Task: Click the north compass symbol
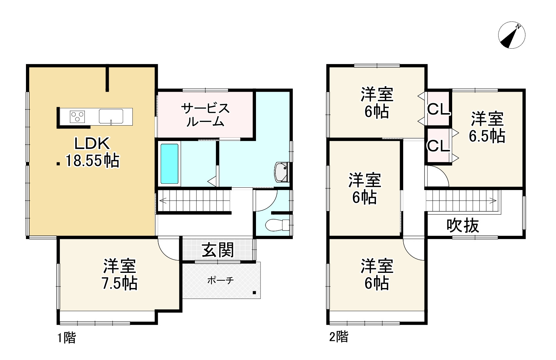click(512, 35)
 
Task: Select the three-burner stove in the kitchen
click(78, 117)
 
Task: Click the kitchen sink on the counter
click(111, 116)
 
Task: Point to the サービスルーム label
click(205, 115)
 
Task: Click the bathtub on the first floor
click(170, 164)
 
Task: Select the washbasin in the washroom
click(281, 172)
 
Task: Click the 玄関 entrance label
click(218, 250)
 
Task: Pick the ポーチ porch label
click(220, 280)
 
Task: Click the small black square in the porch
click(254, 293)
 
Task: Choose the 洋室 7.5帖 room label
click(120, 275)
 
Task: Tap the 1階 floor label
click(67, 338)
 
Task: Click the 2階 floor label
click(338, 337)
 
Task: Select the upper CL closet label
click(438, 109)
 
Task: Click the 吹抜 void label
click(463, 226)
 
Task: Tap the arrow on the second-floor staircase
click(493, 200)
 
